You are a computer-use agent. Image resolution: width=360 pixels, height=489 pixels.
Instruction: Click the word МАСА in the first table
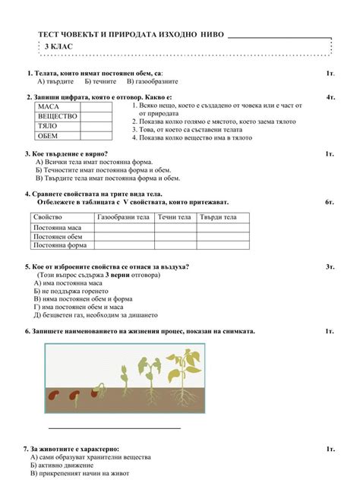(47, 108)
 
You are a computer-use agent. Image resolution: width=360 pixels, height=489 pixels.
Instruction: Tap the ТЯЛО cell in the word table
(47, 126)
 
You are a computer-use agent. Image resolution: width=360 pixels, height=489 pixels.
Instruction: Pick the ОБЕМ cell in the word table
(47, 136)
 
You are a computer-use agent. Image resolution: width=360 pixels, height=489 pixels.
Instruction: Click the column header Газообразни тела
(123, 217)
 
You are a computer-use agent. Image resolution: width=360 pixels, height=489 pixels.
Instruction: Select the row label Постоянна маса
(58, 227)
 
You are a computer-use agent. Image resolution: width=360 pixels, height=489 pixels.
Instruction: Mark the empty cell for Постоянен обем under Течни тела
(175, 236)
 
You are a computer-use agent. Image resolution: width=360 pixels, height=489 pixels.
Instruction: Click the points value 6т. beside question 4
(330, 203)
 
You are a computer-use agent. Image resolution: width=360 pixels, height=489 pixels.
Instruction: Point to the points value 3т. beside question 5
(330, 267)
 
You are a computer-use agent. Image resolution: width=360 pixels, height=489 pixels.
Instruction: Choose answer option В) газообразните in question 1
(152, 80)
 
